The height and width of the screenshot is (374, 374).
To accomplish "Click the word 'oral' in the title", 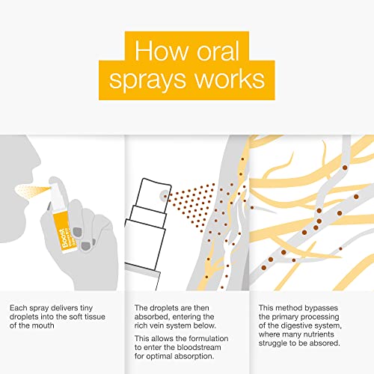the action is click(x=218, y=51).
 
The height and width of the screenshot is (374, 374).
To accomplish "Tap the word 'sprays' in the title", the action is click(x=147, y=81).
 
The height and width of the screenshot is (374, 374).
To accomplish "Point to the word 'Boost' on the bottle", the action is click(x=64, y=238).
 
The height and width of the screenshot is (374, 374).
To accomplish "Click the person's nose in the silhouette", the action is click(x=35, y=163).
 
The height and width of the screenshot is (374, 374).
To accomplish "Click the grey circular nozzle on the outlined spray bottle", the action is click(x=165, y=196).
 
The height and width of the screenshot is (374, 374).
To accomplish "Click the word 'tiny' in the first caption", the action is click(x=86, y=308).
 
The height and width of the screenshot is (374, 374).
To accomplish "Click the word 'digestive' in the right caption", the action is click(x=296, y=326).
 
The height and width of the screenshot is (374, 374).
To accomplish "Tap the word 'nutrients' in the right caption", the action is click(x=319, y=334).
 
